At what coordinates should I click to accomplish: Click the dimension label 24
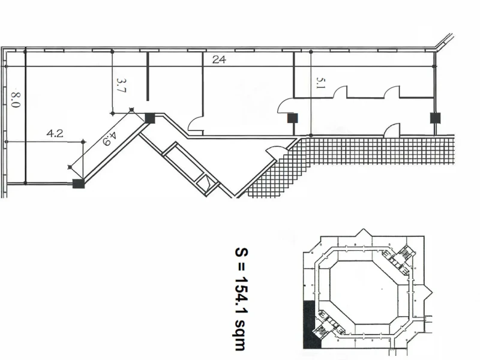coord(219,59)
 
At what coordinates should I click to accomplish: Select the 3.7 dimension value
coord(121,85)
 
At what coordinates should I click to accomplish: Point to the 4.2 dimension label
coord(55,133)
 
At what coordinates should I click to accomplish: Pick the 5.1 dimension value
coord(320,83)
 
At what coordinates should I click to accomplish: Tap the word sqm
coord(241,335)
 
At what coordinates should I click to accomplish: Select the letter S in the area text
coord(241,252)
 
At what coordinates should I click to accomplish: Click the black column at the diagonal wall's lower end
coord(79,184)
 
